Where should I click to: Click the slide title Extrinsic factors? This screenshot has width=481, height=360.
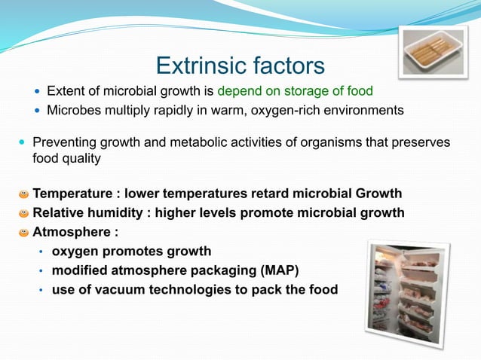coord(240,65)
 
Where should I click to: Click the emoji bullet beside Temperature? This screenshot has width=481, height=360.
coord(24,194)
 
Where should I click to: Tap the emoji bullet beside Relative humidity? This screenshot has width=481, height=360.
coord(24,213)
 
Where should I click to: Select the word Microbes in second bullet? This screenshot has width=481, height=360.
coord(73,111)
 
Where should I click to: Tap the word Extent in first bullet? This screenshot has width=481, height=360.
coord(66,92)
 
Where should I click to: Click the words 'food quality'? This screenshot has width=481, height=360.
coord(65,159)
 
